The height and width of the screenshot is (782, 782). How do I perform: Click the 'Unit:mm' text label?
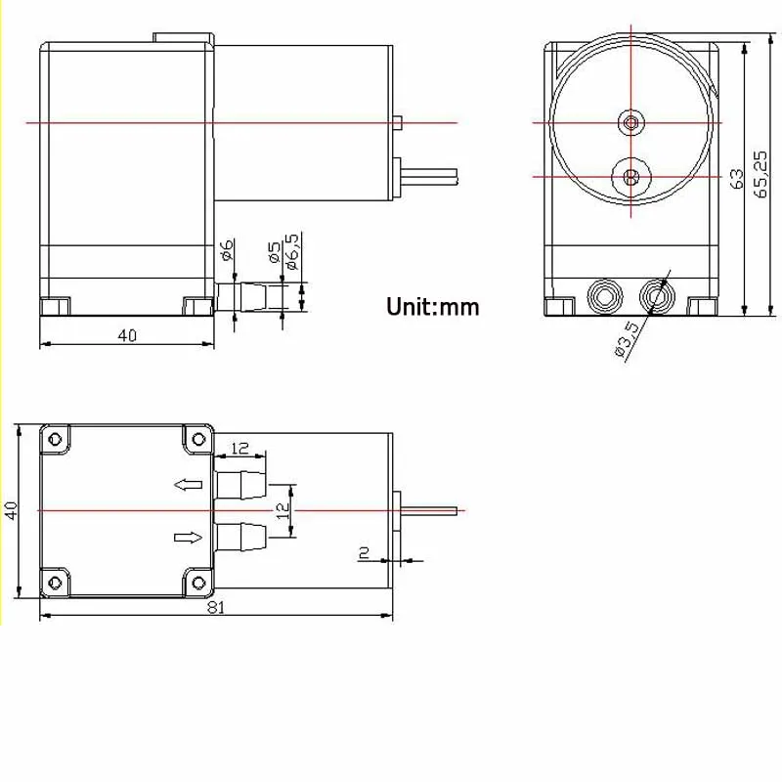(432, 306)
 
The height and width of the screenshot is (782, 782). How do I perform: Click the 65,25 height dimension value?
(761, 175)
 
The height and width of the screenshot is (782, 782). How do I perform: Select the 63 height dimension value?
(737, 179)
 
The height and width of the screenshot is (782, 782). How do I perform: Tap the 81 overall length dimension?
(215, 607)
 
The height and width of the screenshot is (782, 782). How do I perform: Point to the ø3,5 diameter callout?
(627, 339)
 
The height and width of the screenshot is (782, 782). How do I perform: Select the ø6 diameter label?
(227, 250)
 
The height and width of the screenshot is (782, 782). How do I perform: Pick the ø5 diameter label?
(274, 252)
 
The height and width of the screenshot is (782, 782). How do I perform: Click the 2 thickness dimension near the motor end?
(365, 552)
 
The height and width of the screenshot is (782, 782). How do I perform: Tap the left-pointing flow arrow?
(188, 484)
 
